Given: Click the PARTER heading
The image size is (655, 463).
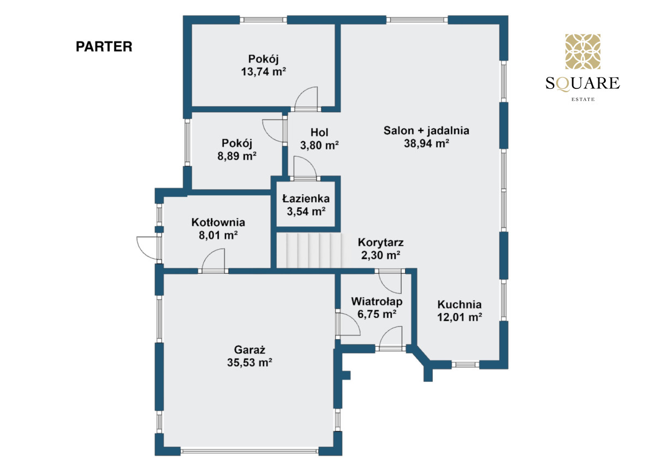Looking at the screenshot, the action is click(x=104, y=47).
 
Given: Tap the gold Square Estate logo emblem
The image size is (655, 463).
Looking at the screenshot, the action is click(x=582, y=51).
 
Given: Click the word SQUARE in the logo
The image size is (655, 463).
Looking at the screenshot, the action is click(x=582, y=83).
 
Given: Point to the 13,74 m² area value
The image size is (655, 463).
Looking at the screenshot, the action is click(x=263, y=71).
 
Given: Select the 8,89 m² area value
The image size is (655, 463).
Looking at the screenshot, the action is click(x=236, y=156).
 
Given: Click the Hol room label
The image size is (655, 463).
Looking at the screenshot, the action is click(x=319, y=133).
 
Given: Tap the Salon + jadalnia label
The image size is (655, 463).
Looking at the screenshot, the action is click(x=426, y=130).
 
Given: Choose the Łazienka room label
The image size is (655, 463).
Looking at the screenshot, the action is click(x=306, y=199).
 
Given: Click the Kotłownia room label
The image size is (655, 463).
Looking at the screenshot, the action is click(x=218, y=223).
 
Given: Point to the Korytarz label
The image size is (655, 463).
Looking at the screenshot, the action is click(x=381, y=243).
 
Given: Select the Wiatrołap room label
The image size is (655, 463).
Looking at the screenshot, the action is click(x=377, y=302).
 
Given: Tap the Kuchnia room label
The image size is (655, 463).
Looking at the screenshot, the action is click(x=460, y=304).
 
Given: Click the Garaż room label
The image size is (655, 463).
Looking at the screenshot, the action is click(x=250, y=350).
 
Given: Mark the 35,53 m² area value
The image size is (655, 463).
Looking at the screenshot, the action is click(x=250, y=363).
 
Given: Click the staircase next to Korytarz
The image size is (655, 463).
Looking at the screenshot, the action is click(x=309, y=250).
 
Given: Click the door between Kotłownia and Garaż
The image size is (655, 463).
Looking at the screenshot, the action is click(x=213, y=260).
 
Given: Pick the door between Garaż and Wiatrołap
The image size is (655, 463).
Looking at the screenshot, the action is click(x=348, y=323).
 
